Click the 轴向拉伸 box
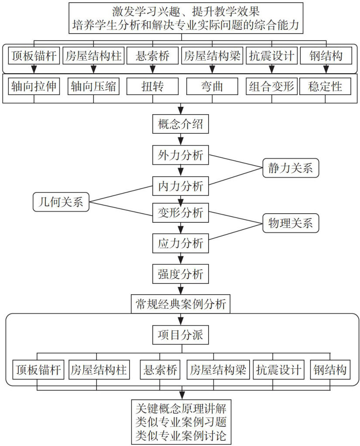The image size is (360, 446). click(34, 86)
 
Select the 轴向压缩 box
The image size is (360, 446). click(93, 86)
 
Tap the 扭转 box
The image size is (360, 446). click(152, 86)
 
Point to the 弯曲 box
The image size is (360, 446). click(212, 86)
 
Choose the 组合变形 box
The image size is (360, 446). click(271, 86)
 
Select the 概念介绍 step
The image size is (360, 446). click(180, 125)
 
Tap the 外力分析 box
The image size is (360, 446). click(180, 155)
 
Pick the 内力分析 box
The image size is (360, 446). click(180, 186)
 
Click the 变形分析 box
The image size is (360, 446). click(180, 213)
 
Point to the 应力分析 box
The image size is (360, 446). click(180, 243)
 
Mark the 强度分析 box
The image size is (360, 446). click(180, 274)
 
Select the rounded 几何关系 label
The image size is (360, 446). click(61, 202)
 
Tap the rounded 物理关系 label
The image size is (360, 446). click(290, 224)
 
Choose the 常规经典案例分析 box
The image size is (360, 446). click(180, 303)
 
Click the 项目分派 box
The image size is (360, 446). click(180, 335)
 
